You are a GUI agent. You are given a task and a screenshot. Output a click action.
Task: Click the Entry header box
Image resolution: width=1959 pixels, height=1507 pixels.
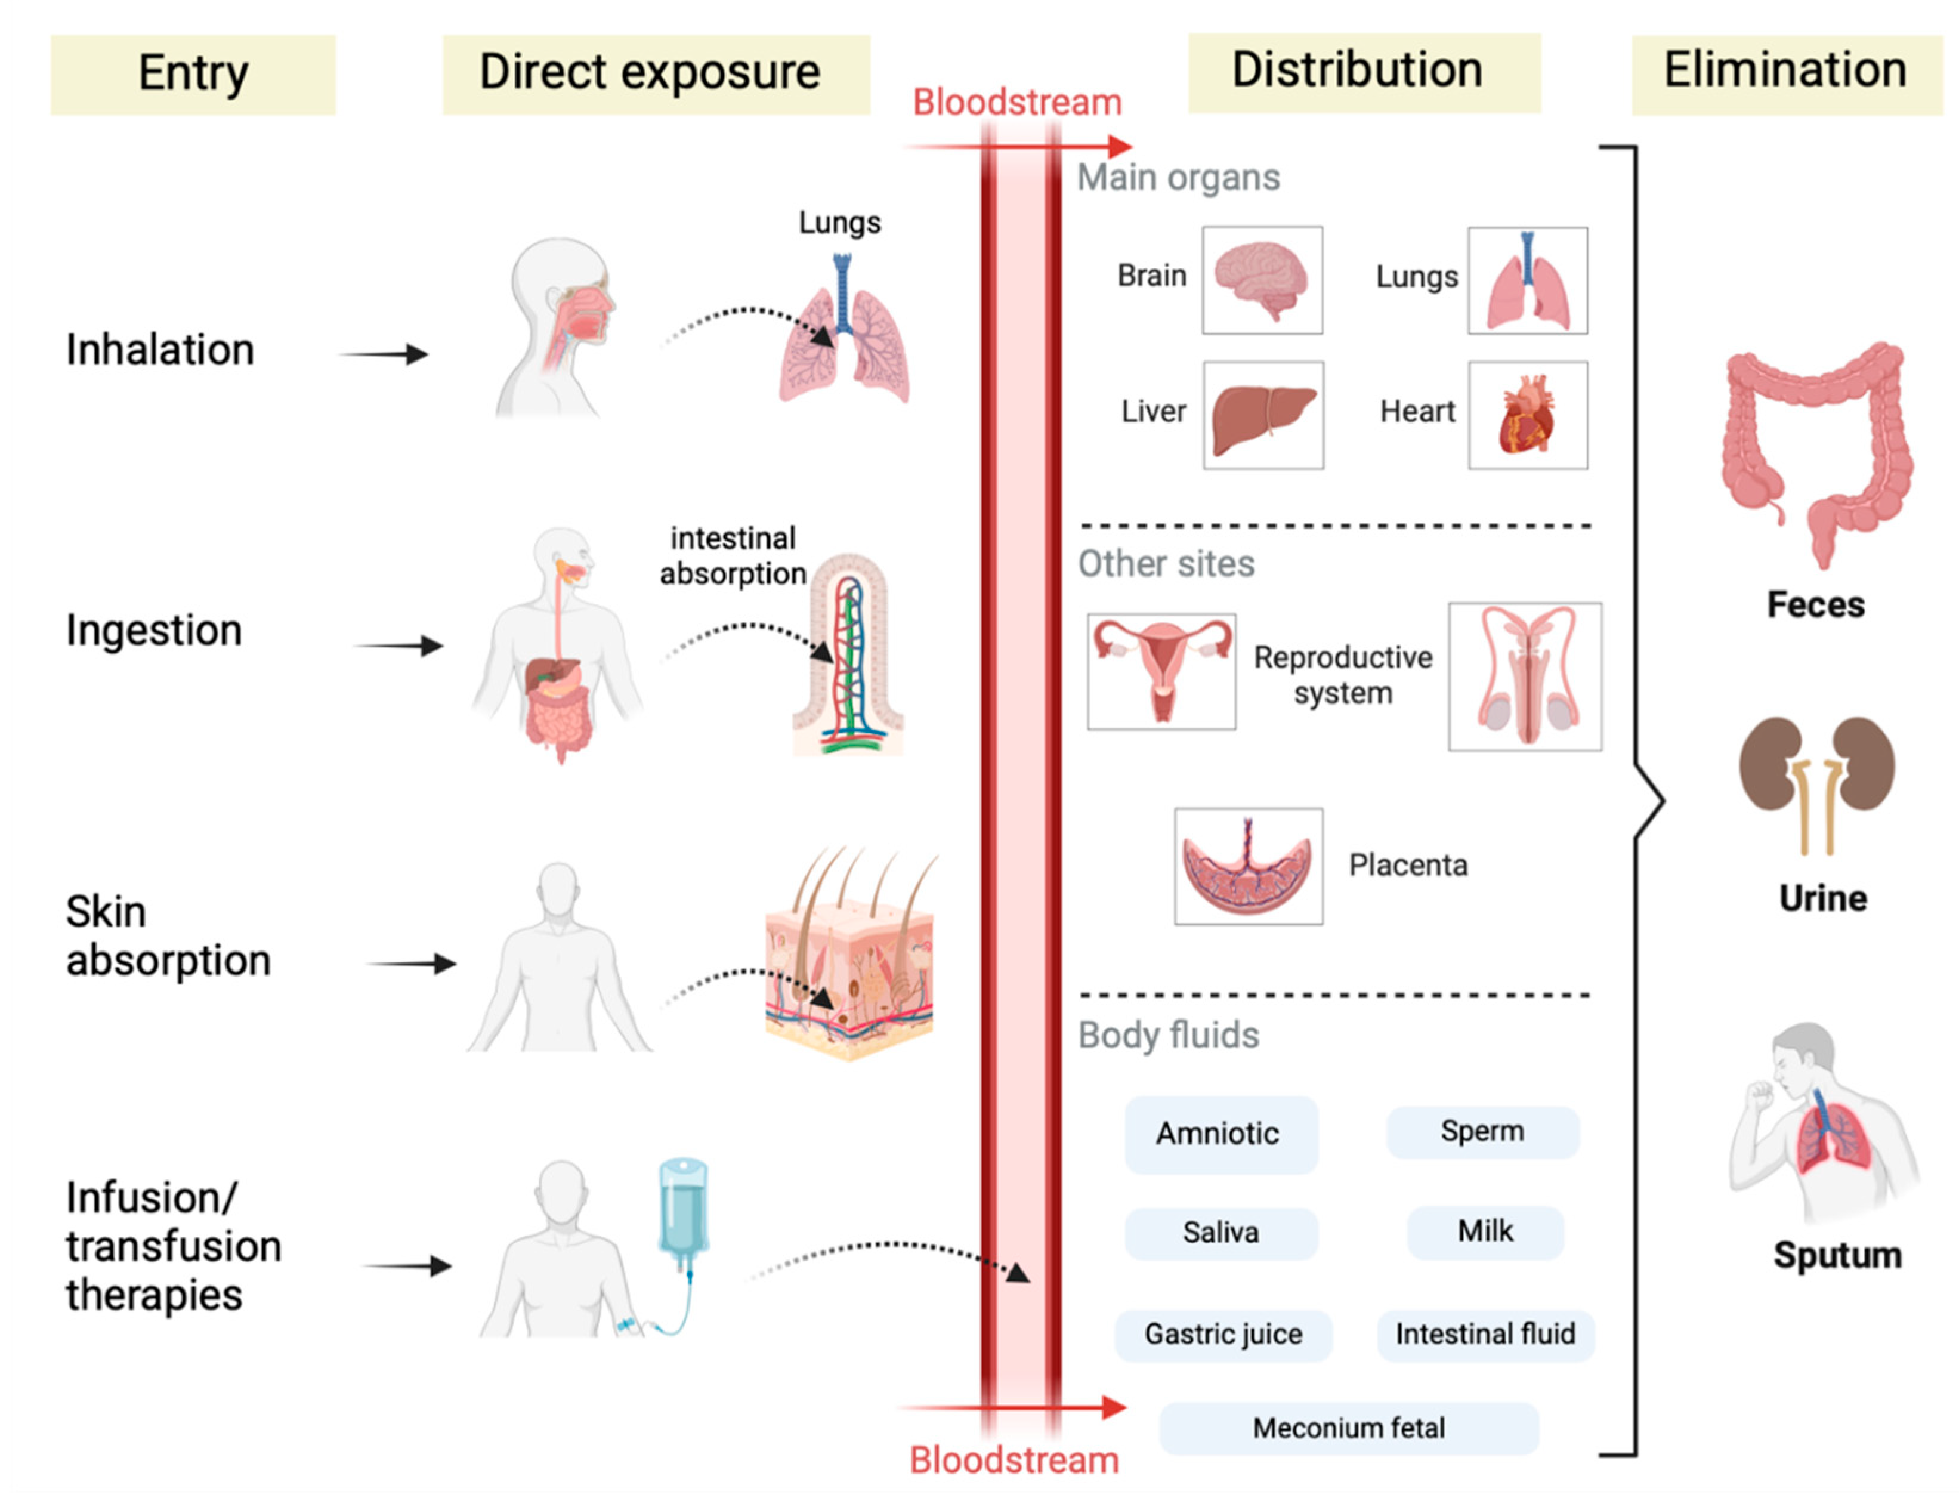pyautogui.click(x=193, y=75)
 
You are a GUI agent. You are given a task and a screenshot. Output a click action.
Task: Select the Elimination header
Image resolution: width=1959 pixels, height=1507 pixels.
pyautogui.click(x=1785, y=72)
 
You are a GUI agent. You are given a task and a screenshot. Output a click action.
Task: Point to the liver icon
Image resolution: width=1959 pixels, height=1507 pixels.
pyautogui.click(x=1262, y=415)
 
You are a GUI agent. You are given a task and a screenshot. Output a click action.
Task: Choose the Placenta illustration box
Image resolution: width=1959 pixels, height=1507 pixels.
pyautogui.click(x=1248, y=866)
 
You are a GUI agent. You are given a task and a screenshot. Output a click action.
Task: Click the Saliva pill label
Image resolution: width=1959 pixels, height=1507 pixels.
pyautogui.click(x=1220, y=1233)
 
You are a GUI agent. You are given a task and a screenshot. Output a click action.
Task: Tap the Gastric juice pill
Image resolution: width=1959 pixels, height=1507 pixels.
pyautogui.click(x=1222, y=1334)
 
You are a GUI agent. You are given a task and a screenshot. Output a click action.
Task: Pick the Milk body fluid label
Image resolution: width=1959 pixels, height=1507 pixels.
pyautogui.click(x=1485, y=1231)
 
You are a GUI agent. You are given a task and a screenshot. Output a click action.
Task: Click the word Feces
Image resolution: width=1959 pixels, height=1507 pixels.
pyautogui.click(x=1815, y=604)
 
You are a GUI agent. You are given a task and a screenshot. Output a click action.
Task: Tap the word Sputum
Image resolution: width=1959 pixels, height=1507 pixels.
pyautogui.click(x=1836, y=1254)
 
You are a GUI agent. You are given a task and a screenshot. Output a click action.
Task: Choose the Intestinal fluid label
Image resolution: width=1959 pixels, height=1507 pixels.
pyautogui.click(x=1485, y=1334)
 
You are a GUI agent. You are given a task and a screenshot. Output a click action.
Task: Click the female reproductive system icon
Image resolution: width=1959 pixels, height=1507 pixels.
pyautogui.click(x=1161, y=670)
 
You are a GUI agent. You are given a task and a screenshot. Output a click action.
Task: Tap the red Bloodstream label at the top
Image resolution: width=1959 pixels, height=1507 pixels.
pyautogui.click(x=1016, y=102)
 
